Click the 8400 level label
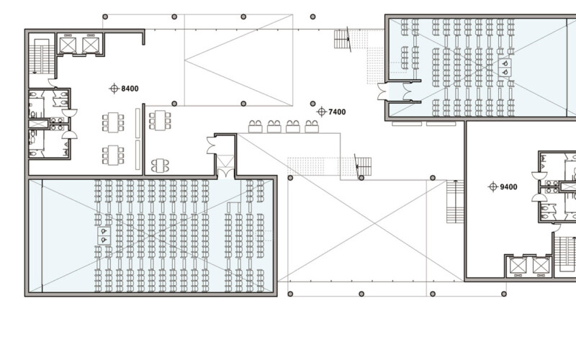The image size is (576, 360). pyautogui.click(x=130, y=89)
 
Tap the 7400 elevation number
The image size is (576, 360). pyautogui.click(x=337, y=112)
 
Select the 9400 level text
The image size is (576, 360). pyautogui.click(x=508, y=187)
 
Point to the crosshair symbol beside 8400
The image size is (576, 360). pyautogui.click(x=114, y=89)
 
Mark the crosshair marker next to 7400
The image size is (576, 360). pyautogui.click(x=321, y=112)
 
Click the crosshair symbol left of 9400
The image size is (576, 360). pyautogui.click(x=493, y=186)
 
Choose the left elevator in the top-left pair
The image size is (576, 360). pyautogui.click(x=68, y=45)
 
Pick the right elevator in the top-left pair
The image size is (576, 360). pyautogui.click(x=91, y=45)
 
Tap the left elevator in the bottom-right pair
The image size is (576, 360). pyautogui.click(x=518, y=266)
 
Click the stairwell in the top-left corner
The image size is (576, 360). pyautogui.click(x=42, y=56)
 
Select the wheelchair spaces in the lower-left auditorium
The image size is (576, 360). pyautogui.click(x=104, y=235)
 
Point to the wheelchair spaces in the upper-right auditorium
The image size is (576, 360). pyautogui.click(x=505, y=68)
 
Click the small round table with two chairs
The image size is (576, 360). pyautogui.click(x=160, y=166)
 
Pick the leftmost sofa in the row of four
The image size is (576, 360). pyautogui.click(x=255, y=127)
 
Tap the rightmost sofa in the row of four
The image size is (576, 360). pyautogui.click(x=312, y=127)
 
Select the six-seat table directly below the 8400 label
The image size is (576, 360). pyautogui.click(x=113, y=122)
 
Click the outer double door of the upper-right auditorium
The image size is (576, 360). pyautogui.click(x=382, y=91)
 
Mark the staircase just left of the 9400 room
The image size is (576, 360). pyautogui.click(x=455, y=202)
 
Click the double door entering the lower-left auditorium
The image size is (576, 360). pyautogui.click(x=225, y=173)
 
